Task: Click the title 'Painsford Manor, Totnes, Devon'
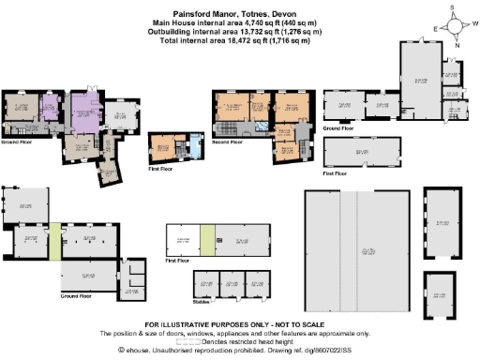[x=240, y=7]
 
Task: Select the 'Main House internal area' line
[x=240, y=17]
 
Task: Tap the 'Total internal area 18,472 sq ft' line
[x=240, y=34]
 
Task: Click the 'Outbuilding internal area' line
[x=240, y=25]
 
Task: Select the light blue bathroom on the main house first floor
[x=194, y=147]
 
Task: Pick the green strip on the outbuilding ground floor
[x=55, y=241]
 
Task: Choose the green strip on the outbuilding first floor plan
[x=206, y=241]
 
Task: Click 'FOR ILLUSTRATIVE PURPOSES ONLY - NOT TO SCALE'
[x=240, y=324]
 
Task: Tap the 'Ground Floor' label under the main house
[x=19, y=143]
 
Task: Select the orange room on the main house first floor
[x=167, y=148]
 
